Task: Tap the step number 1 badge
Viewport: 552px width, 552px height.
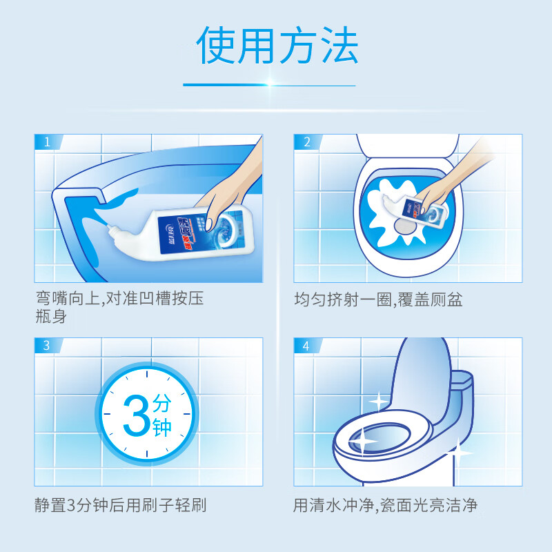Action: (46, 143)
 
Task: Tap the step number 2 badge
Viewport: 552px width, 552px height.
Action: (306, 143)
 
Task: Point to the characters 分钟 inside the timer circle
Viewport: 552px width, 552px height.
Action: (161, 414)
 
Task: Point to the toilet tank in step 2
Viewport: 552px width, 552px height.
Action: (407, 145)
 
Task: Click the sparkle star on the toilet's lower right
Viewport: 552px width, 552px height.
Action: (457, 453)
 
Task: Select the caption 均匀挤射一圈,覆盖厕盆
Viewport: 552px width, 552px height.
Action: (377, 300)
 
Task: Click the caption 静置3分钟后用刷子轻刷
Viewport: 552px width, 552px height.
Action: (121, 505)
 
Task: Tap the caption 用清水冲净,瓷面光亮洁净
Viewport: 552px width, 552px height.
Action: (385, 505)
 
